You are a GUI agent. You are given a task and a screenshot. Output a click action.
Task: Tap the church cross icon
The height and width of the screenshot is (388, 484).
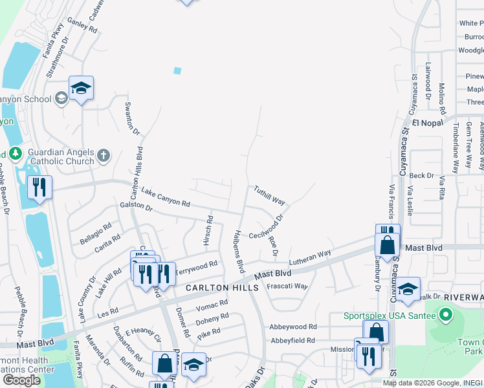point(104,155)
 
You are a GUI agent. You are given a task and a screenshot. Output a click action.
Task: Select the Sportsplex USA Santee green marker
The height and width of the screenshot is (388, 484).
point(445,316)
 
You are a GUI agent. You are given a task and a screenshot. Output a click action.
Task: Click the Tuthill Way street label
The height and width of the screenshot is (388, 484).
point(269,195)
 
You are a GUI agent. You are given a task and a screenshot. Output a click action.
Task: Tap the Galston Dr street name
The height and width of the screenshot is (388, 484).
point(136,208)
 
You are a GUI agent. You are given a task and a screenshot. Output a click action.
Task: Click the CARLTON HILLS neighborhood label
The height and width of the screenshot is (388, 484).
point(217,287)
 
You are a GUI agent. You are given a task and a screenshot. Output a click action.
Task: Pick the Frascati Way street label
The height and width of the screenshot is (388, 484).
point(287,285)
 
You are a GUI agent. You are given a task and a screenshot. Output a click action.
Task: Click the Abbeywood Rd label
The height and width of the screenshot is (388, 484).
point(294,327)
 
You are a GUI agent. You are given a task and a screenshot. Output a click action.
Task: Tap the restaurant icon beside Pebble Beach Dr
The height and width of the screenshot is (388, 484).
point(40,188)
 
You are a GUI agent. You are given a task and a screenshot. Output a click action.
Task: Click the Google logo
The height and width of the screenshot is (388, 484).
point(22,380)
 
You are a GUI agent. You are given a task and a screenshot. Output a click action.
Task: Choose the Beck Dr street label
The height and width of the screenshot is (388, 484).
point(421,175)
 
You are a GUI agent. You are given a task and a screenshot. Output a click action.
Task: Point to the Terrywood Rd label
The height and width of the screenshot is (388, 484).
point(197,267)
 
